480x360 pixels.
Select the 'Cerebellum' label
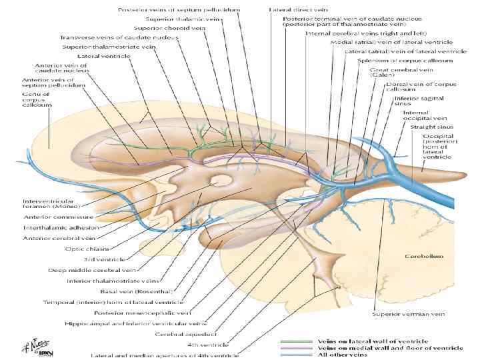click(421, 255)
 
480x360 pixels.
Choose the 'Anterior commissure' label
click(54, 216)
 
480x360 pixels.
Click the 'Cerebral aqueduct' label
click(179, 334)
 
